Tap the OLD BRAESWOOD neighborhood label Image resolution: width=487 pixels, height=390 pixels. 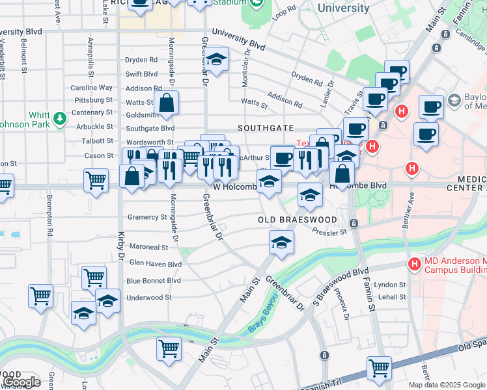(x=297, y=220)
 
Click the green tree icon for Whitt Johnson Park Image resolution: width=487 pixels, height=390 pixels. (x=60, y=118)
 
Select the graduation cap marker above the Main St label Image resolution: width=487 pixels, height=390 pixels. (x=281, y=243)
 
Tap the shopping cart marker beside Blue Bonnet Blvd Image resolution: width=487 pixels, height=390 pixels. (x=94, y=277)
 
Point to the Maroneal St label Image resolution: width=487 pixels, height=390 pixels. (x=148, y=247)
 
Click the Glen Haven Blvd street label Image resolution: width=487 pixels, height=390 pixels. (x=155, y=264)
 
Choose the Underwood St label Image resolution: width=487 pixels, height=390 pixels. (x=149, y=297)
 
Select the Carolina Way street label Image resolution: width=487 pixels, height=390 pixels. (x=92, y=88)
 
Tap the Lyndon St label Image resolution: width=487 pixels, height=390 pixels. (x=390, y=285)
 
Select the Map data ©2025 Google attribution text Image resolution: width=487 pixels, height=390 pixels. (x=446, y=385)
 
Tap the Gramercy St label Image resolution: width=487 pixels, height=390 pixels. (x=147, y=217)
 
